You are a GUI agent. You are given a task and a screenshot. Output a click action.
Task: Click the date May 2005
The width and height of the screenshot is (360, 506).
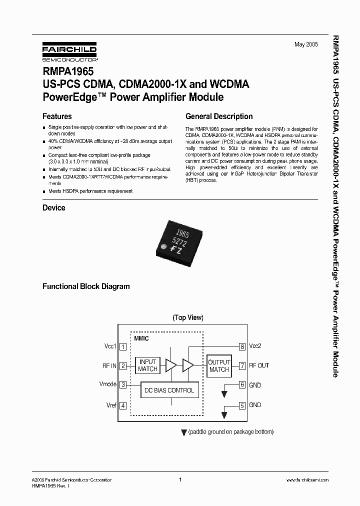(x=306, y=45)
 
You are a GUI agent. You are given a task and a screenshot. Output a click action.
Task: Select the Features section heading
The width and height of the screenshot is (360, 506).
(x=57, y=116)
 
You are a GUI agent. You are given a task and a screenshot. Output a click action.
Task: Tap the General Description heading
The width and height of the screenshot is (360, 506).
(x=219, y=116)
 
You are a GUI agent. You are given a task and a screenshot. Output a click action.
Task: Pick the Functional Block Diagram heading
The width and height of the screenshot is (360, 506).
(x=86, y=286)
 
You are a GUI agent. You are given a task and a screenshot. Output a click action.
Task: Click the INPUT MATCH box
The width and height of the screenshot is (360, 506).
(x=147, y=365)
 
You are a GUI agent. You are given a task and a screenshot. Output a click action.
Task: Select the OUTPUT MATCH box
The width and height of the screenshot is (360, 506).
(x=219, y=365)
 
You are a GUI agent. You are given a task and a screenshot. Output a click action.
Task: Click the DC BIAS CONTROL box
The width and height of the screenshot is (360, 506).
(x=169, y=390)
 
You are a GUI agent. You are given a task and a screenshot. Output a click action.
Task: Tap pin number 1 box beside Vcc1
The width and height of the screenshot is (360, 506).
(x=123, y=346)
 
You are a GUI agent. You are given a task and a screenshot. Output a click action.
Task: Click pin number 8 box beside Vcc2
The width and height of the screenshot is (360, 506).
(x=242, y=346)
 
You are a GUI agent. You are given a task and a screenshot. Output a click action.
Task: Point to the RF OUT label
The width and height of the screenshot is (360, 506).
(x=259, y=365)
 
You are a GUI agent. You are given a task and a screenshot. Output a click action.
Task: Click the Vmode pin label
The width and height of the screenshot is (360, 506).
(x=108, y=384)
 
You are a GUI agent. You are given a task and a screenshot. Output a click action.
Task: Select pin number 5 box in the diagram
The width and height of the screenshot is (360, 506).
(x=242, y=405)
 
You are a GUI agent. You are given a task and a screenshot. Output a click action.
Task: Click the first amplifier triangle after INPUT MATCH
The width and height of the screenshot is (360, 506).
(x=171, y=365)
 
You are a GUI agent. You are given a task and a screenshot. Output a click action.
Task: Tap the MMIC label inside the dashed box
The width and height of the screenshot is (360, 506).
(x=141, y=338)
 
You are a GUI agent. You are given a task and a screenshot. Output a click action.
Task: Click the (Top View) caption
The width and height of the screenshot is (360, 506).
(x=188, y=317)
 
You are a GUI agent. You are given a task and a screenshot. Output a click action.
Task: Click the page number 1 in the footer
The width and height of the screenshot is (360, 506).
(x=179, y=479)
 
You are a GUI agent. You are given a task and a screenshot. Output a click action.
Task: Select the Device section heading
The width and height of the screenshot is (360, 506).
(x=54, y=207)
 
